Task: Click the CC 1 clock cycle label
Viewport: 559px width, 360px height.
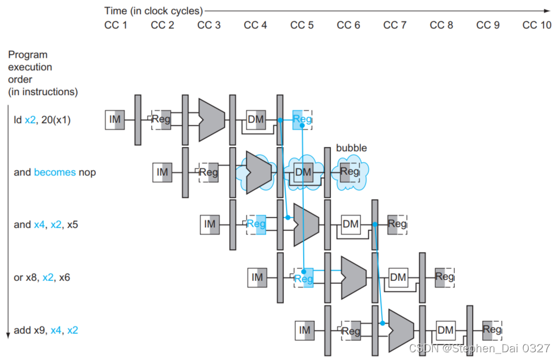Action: coord(115,25)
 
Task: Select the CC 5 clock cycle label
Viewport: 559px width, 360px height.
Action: coord(302,25)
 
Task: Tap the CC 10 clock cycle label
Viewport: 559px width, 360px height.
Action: coord(537,25)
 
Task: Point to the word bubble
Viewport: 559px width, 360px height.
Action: coord(351,148)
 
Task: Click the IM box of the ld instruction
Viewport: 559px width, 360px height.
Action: coord(115,120)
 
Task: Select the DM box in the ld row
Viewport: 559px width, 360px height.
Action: coord(256,120)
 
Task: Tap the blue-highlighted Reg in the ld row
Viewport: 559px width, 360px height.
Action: coord(302,120)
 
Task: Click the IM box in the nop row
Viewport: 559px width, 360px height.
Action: coord(163,172)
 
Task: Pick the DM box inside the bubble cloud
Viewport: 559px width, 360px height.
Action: coord(303,172)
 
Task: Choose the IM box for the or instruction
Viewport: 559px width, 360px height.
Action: coord(257,277)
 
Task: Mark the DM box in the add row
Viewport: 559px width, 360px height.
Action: coord(445,330)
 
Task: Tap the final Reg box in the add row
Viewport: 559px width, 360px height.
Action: coord(492,330)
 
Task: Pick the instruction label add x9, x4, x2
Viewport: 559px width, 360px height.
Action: coord(46,330)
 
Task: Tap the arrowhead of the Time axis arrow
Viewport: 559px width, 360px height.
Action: coord(548,11)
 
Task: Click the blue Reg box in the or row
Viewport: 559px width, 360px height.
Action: coord(304,277)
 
